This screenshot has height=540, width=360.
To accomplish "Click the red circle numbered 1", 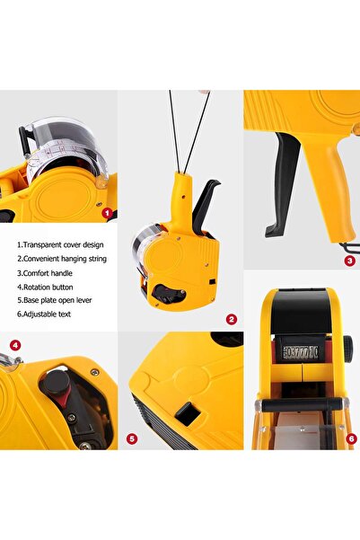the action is pyautogui.click(x=108, y=214).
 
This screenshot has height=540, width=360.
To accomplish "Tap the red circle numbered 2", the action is pyautogui.click(x=232, y=320).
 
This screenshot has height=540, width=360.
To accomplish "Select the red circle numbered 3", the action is pyautogui.click(x=349, y=261).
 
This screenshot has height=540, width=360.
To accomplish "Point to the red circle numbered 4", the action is pyautogui.click(x=15, y=345).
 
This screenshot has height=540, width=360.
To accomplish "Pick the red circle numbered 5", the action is pyautogui.click(x=132, y=438).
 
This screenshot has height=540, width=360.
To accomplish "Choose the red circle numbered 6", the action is pyautogui.click(x=351, y=438).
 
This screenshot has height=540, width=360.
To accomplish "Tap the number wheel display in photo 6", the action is pyautogui.click(x=301, y=352).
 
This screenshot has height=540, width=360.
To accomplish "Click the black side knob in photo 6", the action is pyautogui.click(x=348, y=348).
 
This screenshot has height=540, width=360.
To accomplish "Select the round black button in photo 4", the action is pyautogui.click(x=56, y=380).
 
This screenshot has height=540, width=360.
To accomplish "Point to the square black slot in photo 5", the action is pyautogui.click(x=188, y=413).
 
